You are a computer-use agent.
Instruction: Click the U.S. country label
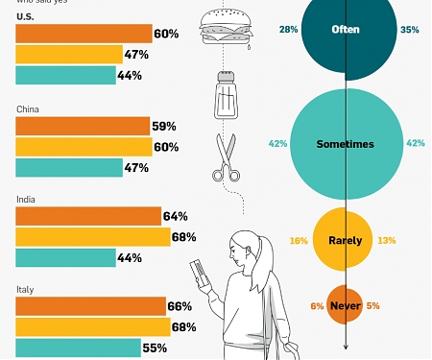pos(26,18)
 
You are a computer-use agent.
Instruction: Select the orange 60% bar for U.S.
pos(83,35)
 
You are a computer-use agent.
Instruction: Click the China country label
pos(28,109)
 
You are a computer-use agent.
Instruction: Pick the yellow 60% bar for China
pos(84,147)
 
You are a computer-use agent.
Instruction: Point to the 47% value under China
pos(135,168)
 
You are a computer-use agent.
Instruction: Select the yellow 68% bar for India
pos(92,237)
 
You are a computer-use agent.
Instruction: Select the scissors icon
pos(227,158)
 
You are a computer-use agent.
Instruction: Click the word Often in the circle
pos(345,30)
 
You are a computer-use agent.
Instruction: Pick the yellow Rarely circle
pos(345,240)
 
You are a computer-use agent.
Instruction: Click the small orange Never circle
pos(344,305)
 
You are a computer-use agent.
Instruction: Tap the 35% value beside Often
pos(410,30)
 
